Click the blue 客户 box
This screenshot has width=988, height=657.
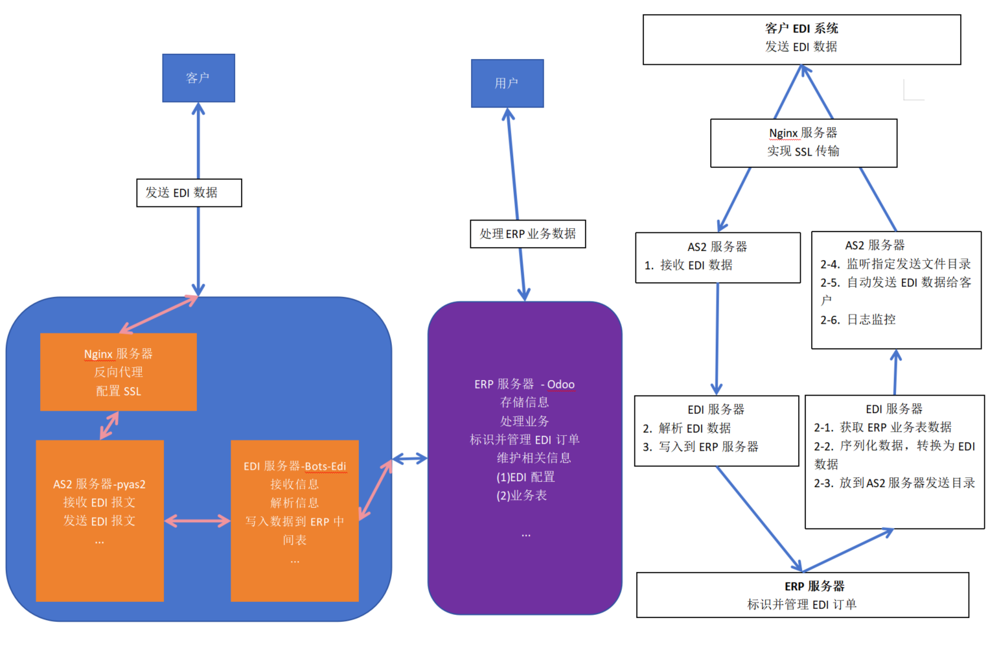pyautogui.click(x=198, y=78)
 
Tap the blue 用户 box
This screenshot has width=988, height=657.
pyautogui.click(x=507, y=83)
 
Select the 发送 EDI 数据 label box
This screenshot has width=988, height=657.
pyautogui.click(x=189, y=193)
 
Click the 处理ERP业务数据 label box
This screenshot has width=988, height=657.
pyautogui.click(x=527, y=233)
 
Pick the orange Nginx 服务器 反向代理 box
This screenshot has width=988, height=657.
pyautogui.click(x=118, y=372)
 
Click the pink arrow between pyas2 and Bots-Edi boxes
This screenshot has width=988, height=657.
pyautogui.click(x=198, y=520)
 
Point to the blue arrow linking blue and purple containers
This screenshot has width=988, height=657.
pyautogui.click(x=409, y=459)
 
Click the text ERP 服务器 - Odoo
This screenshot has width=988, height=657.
pyautogui.click(x=524, y=384)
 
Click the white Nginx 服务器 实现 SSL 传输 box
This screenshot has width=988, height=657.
pyautogui.click(x=803, y=143)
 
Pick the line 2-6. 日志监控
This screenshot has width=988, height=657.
pyautogui.click(x=858, y=319)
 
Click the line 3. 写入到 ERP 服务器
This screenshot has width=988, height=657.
pyautogui.click(x=700, y=446)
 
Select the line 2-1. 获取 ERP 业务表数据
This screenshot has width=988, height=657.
pyautogui.click(x=882, y=427)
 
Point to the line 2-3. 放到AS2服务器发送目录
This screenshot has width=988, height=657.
pyautogui.click(x=894, y=483)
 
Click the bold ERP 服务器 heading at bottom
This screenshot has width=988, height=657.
pyautogui.click(x=814, y=586)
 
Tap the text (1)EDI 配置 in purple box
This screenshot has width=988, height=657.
pyautogui.click(x=525, y=477)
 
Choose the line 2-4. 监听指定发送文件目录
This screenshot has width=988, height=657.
pyautogui.click(x=895, y=263)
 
